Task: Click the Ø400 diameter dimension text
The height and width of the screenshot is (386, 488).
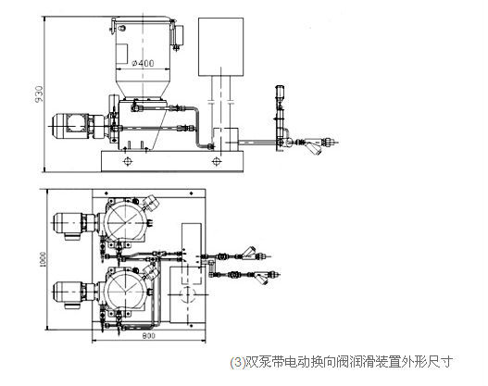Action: click(144, 63)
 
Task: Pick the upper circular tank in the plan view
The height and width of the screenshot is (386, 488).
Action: click(127, 218)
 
